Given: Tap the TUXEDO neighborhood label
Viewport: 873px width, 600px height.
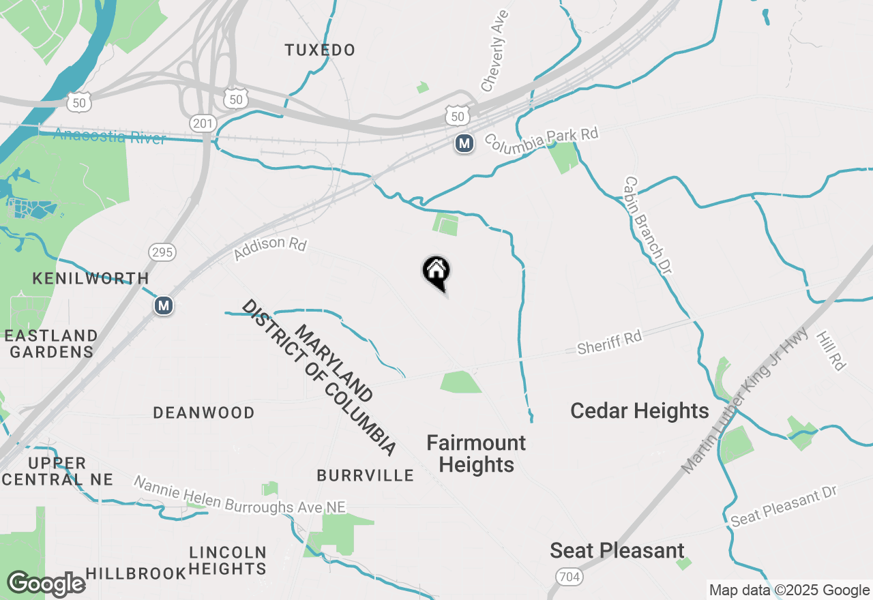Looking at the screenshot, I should tap(320, 50).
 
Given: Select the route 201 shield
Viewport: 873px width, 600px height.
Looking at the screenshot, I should tap(205, 123).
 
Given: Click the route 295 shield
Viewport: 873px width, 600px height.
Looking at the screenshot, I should tap(163, 252).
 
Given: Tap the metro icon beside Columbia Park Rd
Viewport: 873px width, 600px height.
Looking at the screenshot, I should tap(464, 143).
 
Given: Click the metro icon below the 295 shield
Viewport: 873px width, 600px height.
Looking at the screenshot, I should tap(163, 305).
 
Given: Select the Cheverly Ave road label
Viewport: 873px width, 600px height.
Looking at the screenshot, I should tap(495, 50).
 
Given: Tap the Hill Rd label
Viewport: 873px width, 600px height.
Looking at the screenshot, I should tap(831, 350).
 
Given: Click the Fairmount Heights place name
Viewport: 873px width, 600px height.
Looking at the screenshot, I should tap(476, 453).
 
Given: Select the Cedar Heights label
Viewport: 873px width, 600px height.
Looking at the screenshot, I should tap(639, 411).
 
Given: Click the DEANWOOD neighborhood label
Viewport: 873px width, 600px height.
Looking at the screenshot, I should tap(204, 412).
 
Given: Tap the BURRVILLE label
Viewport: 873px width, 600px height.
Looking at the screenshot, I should tap(365, 475).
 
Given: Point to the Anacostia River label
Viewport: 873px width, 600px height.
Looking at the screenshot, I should tap(109, 136).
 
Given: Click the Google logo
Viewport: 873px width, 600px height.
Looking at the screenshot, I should tap(46, 584).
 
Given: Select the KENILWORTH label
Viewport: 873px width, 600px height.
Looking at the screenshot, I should tap(91, 278).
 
